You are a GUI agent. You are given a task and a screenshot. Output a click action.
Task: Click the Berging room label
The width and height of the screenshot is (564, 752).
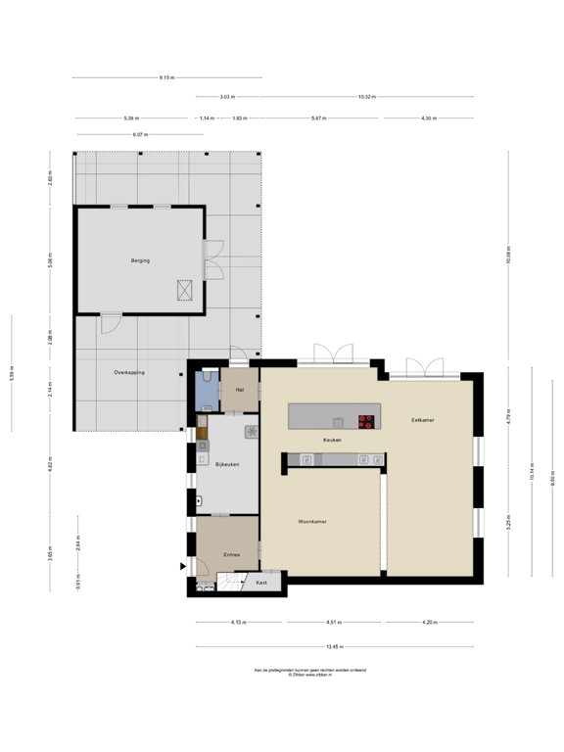pos(140,260)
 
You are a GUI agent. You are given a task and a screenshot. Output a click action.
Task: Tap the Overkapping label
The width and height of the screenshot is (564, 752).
pos(129,372)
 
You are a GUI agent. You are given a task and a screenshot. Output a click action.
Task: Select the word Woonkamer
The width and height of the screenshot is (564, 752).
pos(312,522)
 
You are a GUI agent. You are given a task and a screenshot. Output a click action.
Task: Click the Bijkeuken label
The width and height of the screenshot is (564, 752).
pos(227,464)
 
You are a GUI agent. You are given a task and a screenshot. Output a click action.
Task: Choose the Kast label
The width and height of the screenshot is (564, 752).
pos(261,583)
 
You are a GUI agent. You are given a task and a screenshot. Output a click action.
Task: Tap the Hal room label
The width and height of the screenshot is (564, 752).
pos(239,389)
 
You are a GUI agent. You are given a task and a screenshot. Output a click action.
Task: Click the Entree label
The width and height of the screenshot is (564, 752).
pos(231,554)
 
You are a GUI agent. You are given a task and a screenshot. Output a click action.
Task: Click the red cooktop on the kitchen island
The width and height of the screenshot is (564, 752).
pos(367,422)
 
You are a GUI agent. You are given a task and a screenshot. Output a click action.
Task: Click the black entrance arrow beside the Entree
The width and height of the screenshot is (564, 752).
pos(182,566)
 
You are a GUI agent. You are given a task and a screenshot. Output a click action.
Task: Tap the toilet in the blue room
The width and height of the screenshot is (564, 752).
pos(207,377)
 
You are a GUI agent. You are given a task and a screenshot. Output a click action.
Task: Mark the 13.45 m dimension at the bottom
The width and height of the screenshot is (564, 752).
pos(334,646)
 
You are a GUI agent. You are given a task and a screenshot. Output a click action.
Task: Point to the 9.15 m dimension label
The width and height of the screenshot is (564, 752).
pos(167,77)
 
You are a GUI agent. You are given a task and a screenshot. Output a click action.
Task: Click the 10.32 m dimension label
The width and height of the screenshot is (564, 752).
pos(367,97)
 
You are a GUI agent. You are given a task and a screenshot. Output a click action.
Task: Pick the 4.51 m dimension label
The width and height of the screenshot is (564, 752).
pos(334,623)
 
